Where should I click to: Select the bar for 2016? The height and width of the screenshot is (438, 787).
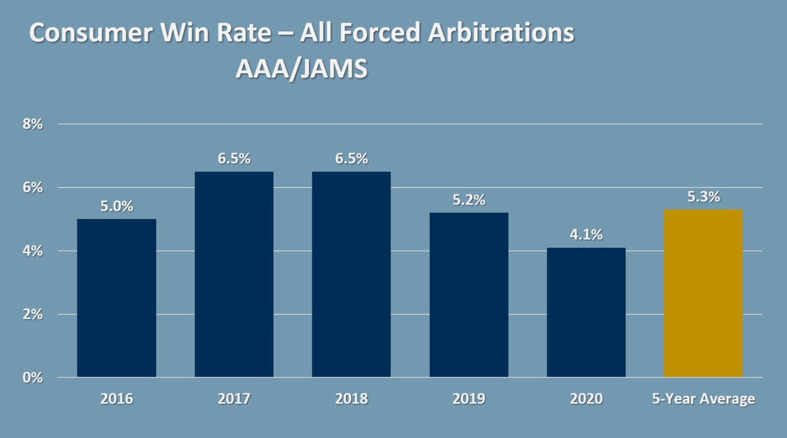pyautogui.click(x=116, y=298)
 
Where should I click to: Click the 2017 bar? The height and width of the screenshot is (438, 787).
pyautogui.click(x=234, y=274)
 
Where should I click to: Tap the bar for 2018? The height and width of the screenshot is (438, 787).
pyautogui.click(x=351, y=274)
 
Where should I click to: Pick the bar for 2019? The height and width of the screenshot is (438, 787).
pyautogui.click(x=469, y=295)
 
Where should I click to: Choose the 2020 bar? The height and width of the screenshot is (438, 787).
pyautogui.click(x=586, y=312)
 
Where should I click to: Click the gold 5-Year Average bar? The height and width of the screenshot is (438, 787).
pyautogui.click(x=703, y=293)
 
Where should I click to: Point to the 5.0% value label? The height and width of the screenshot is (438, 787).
pyautogui.click(x=116, y=206)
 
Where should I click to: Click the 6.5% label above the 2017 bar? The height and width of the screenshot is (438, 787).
pyautogui.click(x=234, y=158)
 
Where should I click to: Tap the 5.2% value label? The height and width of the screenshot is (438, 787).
pyautogui.click(x=469, y=200)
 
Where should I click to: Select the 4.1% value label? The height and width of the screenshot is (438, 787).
pyautogui.click(x=586, y=234)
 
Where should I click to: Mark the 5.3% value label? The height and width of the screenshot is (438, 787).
pyautogui.click(x=703, y=196)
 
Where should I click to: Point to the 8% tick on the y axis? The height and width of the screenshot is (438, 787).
pyautogui.click(x=32, y=124)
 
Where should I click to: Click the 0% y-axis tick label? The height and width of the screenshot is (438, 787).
pyautogui.click(x=32, y=377)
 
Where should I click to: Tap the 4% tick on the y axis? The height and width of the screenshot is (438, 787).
pyautogui.click(x=32, y=251)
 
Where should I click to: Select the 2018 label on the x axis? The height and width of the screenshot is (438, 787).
pyautogui.click(x=351, y=399)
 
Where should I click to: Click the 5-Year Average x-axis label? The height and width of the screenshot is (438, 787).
pyautogui.click(x=703, y=399)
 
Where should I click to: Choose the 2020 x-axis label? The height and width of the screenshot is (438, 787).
pyautogui.click(x=586, y=399)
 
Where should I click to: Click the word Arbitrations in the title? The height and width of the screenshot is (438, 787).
pyautogui.click(x=501, y=32)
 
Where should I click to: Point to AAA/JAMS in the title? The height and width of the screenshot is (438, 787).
pyautogui.click(x=301, y=69)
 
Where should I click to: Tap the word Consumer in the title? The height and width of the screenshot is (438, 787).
pyautogui.click(x=91, y=32)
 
